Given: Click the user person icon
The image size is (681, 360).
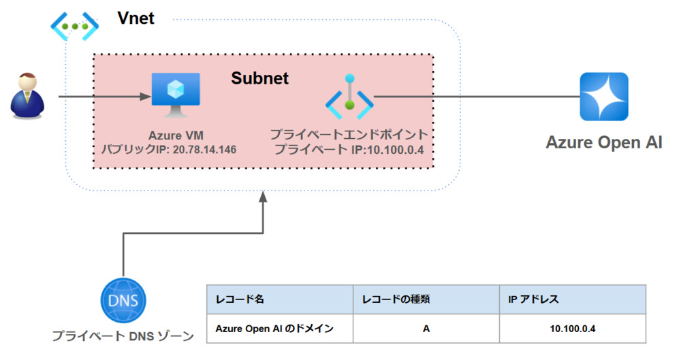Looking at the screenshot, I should tap(27, 97).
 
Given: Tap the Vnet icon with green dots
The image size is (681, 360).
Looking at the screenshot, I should tap(76, 25).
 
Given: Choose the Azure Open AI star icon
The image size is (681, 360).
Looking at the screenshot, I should tap(603, 97).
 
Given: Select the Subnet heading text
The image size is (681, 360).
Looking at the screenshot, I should tap(259, 78).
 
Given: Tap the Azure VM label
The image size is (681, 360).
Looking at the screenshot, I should tap(176, 135).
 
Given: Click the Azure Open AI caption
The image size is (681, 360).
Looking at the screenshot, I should tap(603, 142).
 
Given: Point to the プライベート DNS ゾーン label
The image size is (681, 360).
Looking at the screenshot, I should tap(123, 336).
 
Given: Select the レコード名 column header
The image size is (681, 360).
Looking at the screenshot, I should tap(235, 299).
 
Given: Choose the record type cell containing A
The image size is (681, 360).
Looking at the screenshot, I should tap(426, 329).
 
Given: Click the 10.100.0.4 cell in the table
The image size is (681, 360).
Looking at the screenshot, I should tap(573, 329).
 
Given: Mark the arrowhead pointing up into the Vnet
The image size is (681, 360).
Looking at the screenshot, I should tap(263, 197).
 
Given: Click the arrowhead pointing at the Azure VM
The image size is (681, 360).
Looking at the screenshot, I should tap(146, 97).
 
